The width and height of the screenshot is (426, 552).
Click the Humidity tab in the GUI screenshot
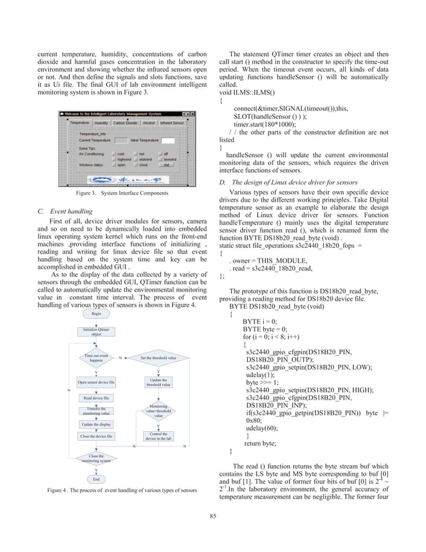pos(101,124)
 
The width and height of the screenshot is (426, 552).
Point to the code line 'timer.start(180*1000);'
pos(270,124)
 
